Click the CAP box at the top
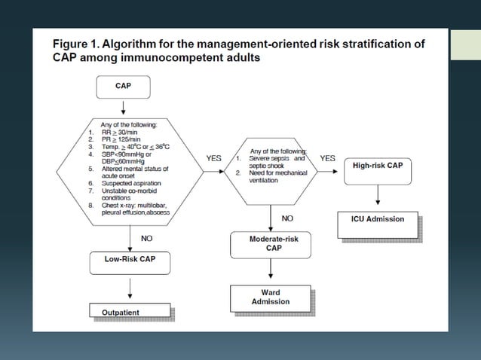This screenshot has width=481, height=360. click(123, 86)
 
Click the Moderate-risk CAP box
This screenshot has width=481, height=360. click(270, 243)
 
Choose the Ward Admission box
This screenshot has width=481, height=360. click(270, 296)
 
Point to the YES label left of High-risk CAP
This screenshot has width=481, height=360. click(327, 158)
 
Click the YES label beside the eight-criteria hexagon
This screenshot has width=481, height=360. click(213, 158)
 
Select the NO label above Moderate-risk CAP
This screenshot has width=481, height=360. click(287, 218)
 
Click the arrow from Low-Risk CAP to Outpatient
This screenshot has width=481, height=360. click(131, 286)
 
